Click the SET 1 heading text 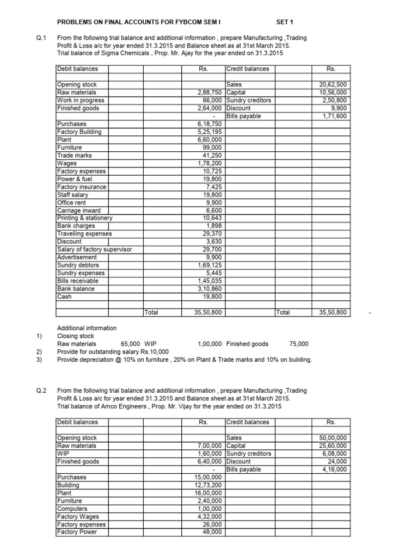pyautogui.click(x=285, y=22)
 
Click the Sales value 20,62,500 pyautogui.click(x=336, y=85)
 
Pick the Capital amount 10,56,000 pyautogui.click(x=336, y=92)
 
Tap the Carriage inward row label pyautogui.click(x=78, y=211)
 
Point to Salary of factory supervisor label pyautogui.click(x=94, y=249)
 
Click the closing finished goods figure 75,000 pyautogui.click(x=299, y=344)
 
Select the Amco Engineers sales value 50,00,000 pyautogui.click(x=336, y=438)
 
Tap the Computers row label pyautogui.click(x=72, y=509)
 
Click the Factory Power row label pyautogui.click(x=77, y=532)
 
